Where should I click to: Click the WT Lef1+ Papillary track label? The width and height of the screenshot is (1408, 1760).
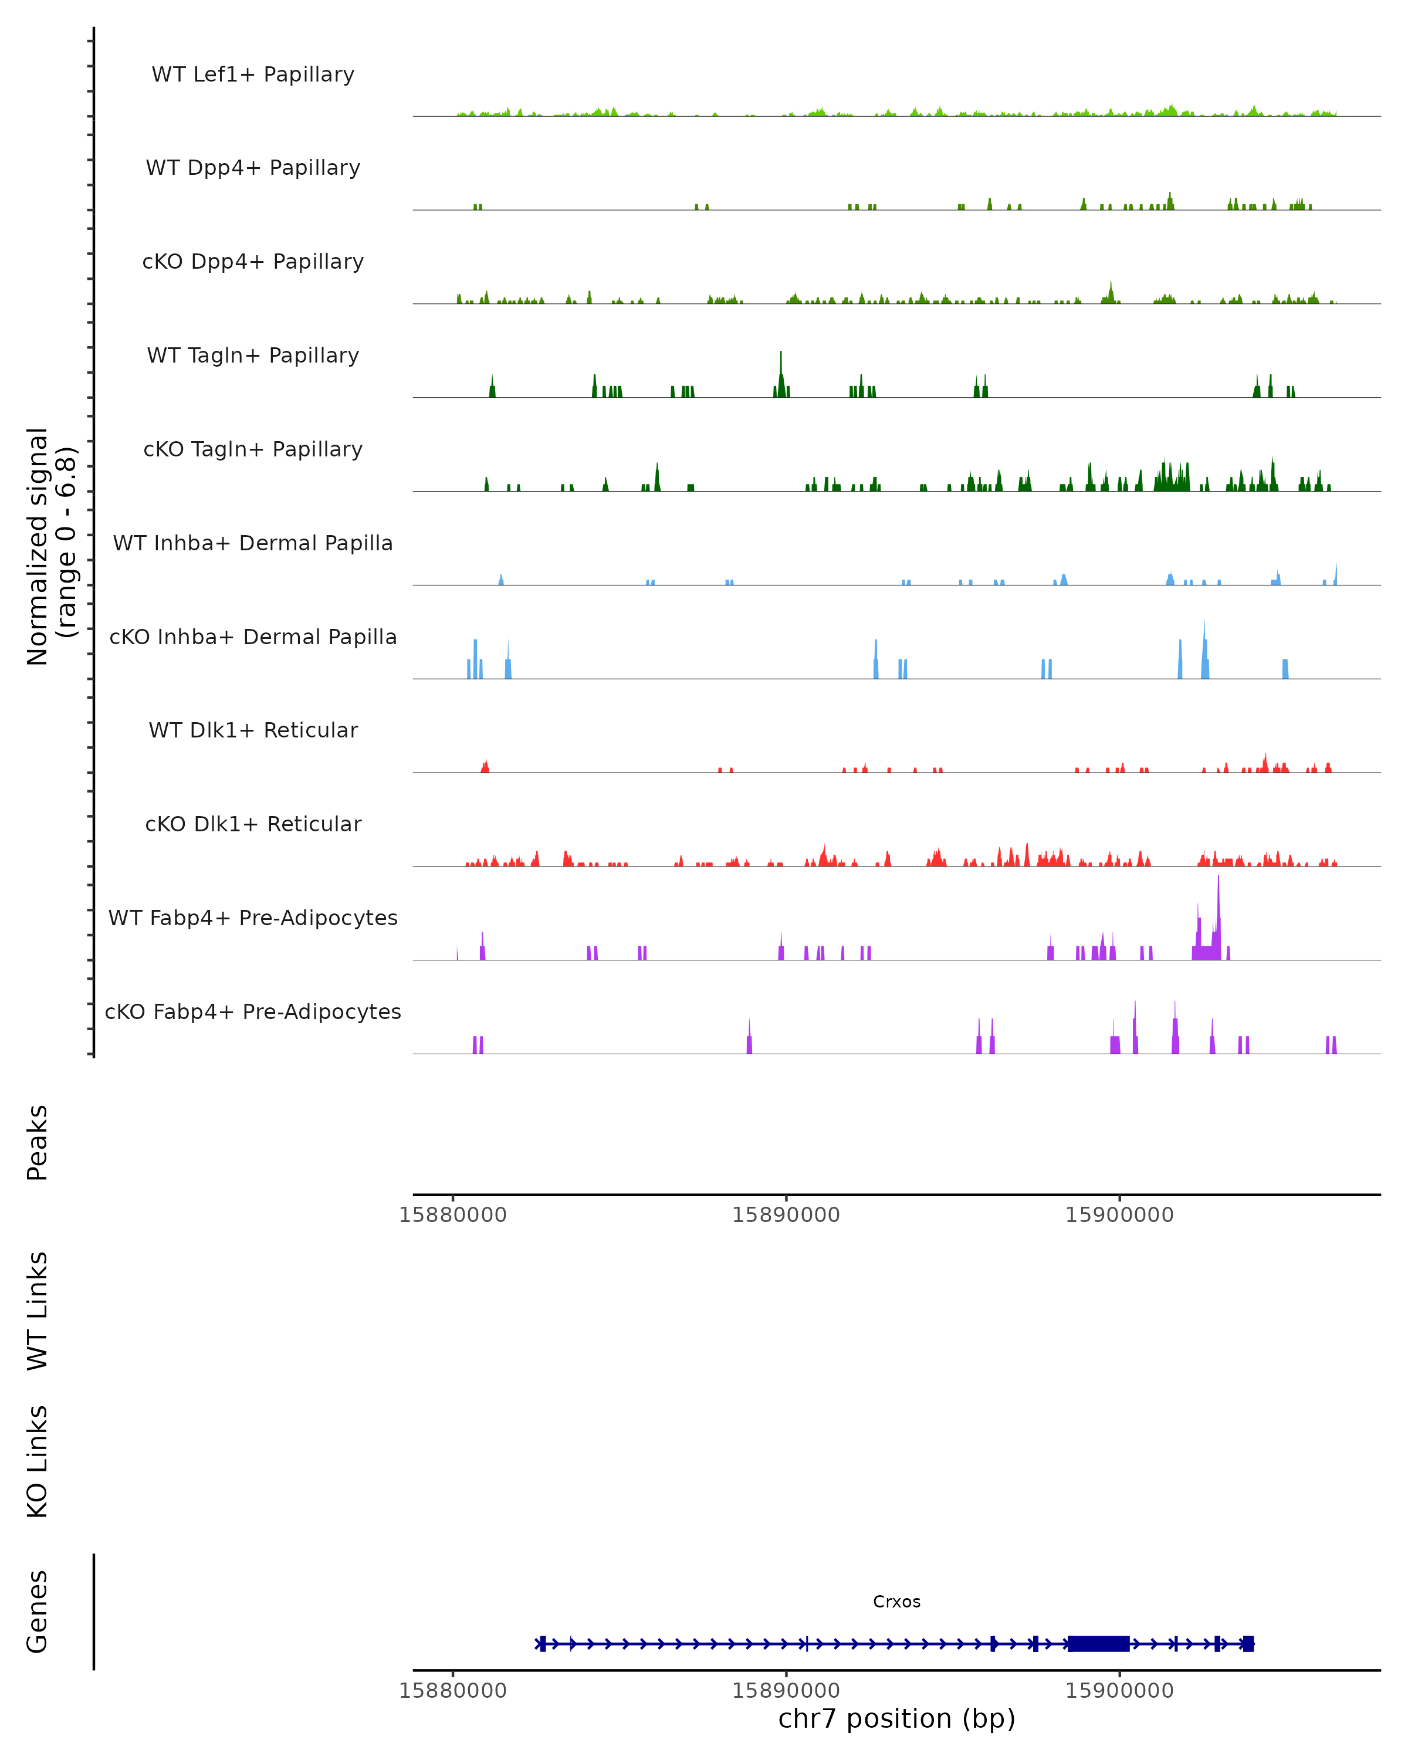click(253, 75)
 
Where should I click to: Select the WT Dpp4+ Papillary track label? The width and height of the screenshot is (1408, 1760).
click(253, 168)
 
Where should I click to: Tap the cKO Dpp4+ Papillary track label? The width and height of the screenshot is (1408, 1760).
click(253, 262)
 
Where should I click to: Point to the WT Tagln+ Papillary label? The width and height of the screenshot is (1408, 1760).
click(253, 356)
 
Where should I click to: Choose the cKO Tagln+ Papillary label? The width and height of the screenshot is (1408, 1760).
click(253, 450)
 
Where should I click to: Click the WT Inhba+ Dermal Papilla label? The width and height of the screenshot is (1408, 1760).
click(253, 544)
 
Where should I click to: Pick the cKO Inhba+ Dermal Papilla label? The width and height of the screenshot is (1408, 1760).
click(253, 638)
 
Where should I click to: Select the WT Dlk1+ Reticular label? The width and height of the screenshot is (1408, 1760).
click(253, 730)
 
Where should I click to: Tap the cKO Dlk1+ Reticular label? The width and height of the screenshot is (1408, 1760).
click(253, 824)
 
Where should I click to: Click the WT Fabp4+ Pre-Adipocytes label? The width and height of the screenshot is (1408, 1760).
click(253, 918)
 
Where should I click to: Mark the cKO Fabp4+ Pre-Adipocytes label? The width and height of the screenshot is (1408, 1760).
click(253, 1012)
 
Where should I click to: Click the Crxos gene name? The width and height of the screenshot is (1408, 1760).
click(896, 1602)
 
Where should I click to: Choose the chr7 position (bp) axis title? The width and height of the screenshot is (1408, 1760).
click(896, 1718)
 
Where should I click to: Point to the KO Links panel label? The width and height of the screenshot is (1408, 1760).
click(38, 1461)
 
